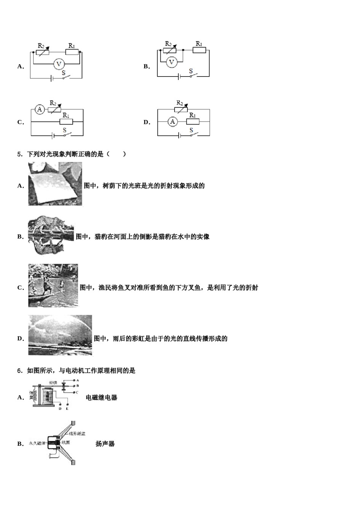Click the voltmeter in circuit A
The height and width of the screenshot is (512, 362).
[59, 64]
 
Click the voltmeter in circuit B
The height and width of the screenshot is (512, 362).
[171, 62]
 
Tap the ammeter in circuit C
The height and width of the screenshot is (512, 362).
[40, 110]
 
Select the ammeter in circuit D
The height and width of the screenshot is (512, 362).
[173, 122]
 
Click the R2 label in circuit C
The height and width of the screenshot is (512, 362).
[53, 103]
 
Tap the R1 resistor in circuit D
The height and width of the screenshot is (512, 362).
[193, 122]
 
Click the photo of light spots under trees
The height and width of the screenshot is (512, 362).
[55, 184]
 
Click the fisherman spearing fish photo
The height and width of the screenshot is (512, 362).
[53, 285]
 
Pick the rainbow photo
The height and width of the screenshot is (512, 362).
[60, 335]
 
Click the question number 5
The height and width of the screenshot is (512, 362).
[20, 154]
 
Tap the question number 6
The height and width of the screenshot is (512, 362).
[20, 371]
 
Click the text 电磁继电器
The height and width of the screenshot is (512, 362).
[101, 398]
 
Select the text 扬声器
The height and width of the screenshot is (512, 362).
[105, 444]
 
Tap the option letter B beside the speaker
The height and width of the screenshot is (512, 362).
[20, 444]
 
